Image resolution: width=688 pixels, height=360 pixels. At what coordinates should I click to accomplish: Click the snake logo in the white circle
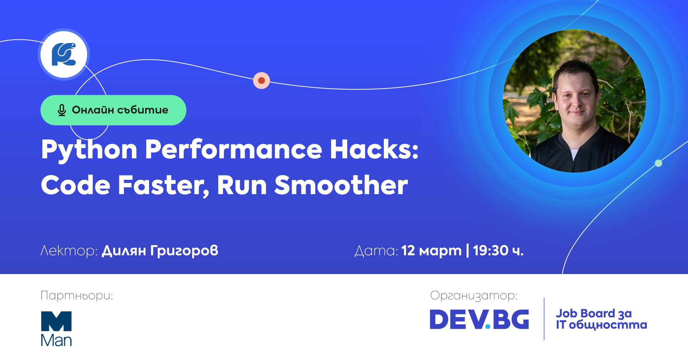tap(64, 54)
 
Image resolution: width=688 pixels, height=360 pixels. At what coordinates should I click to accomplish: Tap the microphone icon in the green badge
tap(62, 110)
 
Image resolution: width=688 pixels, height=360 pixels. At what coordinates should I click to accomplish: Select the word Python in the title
tap(89, 150)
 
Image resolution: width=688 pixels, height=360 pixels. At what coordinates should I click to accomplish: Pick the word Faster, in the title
tap(164, 186)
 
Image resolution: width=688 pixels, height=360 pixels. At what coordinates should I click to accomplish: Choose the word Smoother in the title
tap(341, 185)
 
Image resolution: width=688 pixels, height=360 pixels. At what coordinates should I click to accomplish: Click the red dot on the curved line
tap(262, 81)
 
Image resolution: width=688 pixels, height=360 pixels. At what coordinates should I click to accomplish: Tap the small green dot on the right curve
tap(658, 163)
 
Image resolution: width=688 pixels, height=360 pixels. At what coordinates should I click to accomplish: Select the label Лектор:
tap(69, 251)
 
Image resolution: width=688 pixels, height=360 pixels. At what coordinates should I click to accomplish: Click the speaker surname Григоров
tap(184, 251)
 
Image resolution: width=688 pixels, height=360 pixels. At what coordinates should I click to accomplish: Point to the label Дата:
tap(376, 251)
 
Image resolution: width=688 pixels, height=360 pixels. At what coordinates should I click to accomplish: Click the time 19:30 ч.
tap(498, 250)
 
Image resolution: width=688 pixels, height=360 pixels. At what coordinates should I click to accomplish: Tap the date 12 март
tap(431, 251)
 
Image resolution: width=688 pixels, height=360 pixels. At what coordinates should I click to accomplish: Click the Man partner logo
tap(56, 329)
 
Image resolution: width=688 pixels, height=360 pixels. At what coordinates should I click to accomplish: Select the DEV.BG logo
tap(479, 319)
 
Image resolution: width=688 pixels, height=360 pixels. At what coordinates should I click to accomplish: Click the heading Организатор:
tap(474, 296)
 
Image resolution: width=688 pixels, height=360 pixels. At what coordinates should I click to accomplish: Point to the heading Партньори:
tap(77, 296)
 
